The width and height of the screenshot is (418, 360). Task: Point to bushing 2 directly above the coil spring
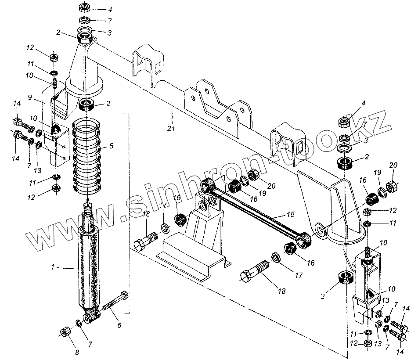[x=87, y=105]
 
